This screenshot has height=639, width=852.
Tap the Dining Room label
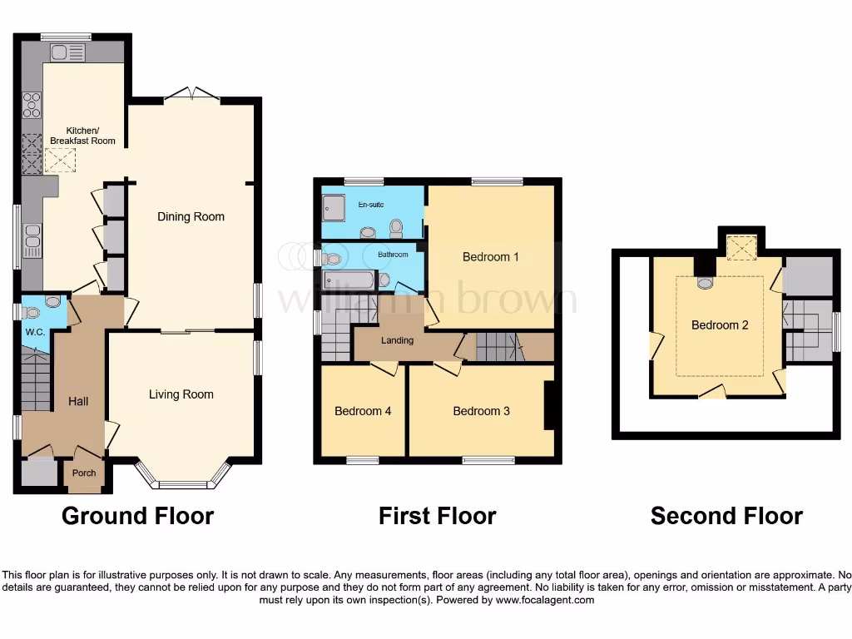191,216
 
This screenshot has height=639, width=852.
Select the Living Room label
181,394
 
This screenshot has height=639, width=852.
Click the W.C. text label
34,332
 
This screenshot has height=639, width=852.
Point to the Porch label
84,473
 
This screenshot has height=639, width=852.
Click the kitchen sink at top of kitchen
67,53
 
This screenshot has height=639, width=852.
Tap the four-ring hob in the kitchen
32,105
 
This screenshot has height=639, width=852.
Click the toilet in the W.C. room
31,313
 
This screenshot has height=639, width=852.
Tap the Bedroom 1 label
491,257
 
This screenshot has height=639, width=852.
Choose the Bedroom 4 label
363,411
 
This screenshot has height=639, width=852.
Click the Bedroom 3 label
481,411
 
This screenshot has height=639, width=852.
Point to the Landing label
397,340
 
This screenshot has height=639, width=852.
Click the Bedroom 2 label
720,325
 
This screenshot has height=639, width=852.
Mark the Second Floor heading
726,516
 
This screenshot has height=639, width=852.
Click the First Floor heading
437,516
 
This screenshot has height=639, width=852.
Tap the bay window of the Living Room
182,483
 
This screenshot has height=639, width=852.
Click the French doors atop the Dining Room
192,94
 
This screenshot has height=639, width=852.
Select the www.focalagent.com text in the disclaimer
544,600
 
